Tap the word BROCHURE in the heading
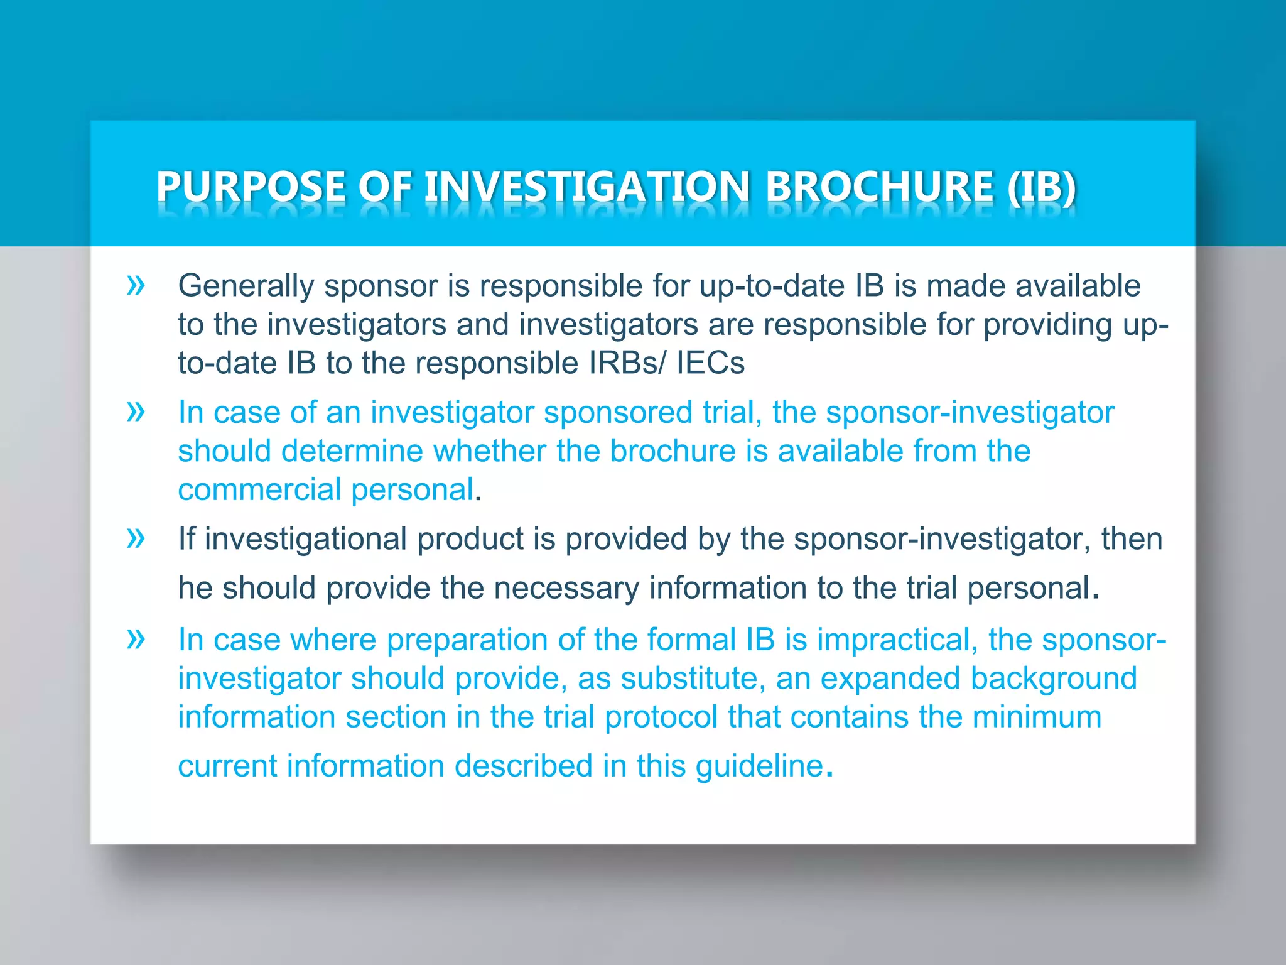tap(880, 187)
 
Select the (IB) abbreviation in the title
tap(1042, 187)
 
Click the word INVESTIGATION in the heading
tap(586, 187)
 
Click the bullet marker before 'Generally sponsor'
tap(136, 285)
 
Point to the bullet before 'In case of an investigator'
tap(136, 412)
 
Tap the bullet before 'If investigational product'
tap(136, 538)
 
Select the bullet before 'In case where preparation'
tap(136, 639)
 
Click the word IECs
tap(710, 363)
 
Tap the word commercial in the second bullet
tap(259, 490)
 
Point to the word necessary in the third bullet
tap(566, 588)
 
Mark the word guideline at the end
tap(759, 766)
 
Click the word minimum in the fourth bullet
tap(1037, 717)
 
